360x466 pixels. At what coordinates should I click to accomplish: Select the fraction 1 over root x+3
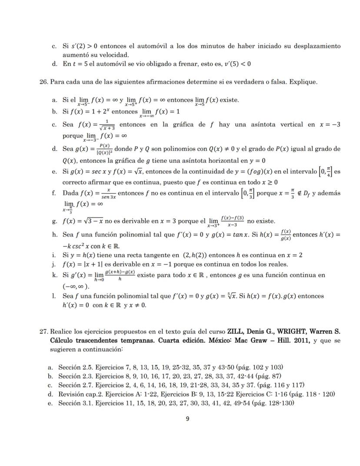[108, 125]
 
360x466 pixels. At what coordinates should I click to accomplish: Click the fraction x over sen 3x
[106, 193]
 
